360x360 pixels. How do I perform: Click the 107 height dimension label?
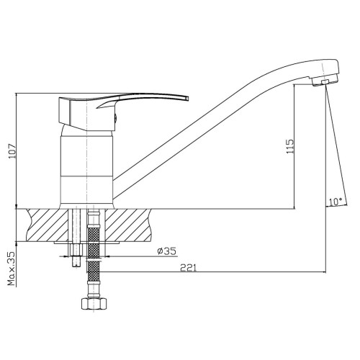pos(12,151)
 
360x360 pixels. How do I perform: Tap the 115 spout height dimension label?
pos(290,146)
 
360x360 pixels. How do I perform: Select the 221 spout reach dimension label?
pos(188,268)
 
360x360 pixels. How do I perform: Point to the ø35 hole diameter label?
pos(166,251)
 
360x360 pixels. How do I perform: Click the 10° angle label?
pos(336,202)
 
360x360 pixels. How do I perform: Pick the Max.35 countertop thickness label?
pos(12,269)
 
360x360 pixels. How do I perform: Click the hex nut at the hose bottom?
pos(94,304)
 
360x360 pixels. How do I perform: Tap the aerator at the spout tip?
pos(325,80)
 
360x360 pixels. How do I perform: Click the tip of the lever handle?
pos(187,98)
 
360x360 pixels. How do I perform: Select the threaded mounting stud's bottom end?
pos(76,266)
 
